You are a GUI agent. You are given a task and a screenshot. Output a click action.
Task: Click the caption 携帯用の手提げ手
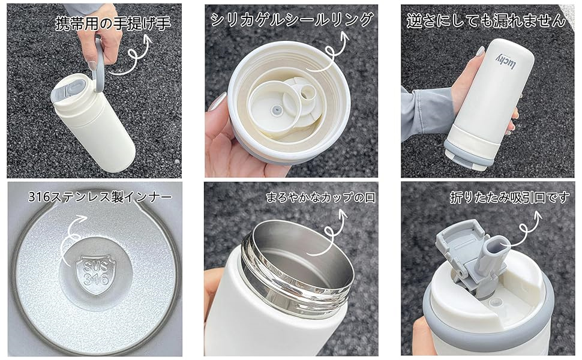coord(113,23)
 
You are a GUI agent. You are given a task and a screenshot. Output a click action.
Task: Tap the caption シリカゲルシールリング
coord(292,20)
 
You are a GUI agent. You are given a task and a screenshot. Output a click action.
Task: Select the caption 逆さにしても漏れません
coord(486,20)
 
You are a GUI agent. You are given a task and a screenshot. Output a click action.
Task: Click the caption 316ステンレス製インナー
coord(100,196)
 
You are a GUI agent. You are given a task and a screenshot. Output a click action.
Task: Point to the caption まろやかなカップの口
coord(320,197)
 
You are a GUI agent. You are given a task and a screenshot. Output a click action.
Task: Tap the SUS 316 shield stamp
coord(96,275)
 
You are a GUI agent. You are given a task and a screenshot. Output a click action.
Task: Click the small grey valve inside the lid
coord(276,110)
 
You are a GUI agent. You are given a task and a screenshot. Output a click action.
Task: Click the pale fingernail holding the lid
coord(217,101)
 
